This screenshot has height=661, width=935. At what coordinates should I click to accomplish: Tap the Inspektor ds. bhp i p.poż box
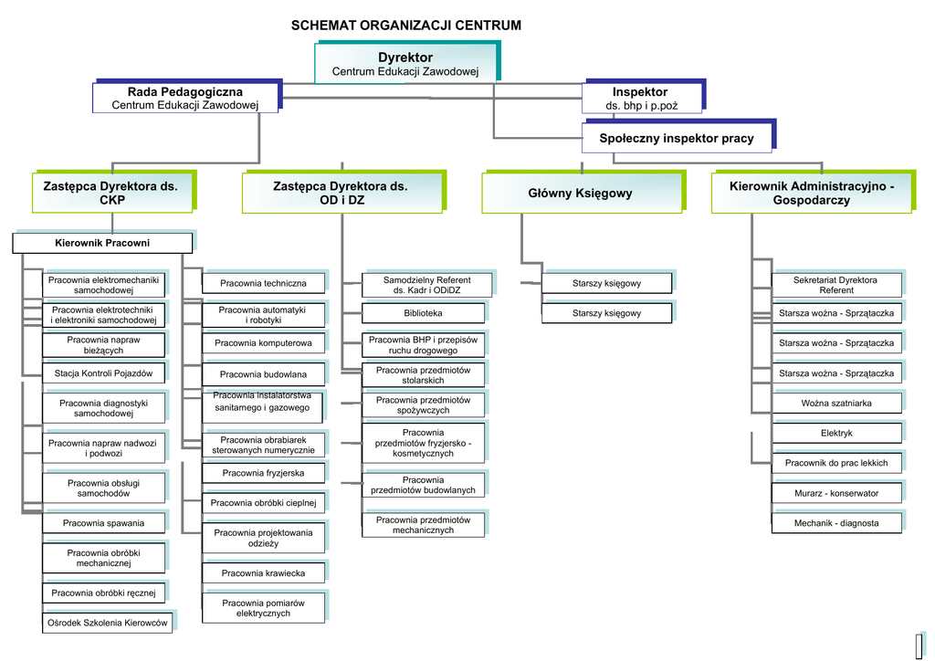640,99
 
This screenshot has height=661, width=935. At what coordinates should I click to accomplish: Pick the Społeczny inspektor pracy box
677,139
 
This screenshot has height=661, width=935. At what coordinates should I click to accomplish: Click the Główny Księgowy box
580,194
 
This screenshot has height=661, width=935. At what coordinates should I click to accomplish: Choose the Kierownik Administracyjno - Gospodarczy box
811,194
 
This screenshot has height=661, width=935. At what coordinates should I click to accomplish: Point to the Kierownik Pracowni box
102,243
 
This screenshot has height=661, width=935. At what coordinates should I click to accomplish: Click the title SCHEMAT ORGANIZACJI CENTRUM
405,26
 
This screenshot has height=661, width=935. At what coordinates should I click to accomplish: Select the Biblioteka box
427,313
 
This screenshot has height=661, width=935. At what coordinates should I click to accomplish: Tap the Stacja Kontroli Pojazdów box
103,372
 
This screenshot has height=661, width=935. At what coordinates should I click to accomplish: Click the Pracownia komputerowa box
263,343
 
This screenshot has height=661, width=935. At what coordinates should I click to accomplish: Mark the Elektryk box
836,433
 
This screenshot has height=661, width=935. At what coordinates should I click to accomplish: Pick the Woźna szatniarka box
836,403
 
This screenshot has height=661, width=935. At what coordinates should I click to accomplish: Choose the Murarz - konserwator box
836,493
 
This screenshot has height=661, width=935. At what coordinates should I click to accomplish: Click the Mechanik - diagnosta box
836,523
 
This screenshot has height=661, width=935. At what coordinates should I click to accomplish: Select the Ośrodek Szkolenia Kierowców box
107,623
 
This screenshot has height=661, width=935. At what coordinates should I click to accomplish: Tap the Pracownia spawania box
103,523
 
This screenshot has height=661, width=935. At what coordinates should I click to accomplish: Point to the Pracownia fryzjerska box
263,473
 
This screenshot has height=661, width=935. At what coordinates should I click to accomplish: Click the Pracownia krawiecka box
263,573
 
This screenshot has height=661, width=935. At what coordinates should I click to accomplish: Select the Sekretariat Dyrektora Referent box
836,285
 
